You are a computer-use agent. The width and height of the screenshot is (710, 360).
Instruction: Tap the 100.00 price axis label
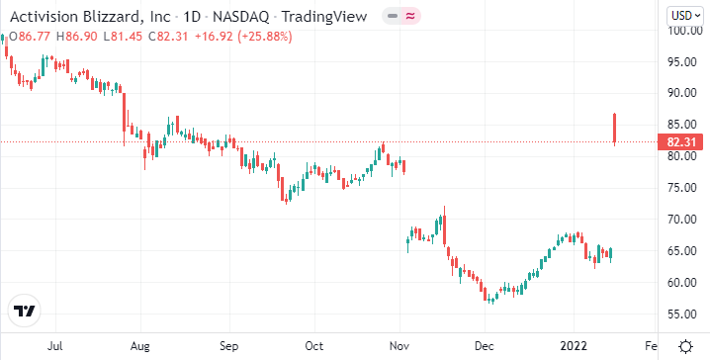682,30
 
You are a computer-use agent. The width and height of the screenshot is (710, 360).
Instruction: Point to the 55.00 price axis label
682,315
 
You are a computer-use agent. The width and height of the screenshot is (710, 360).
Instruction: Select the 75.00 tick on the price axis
682,188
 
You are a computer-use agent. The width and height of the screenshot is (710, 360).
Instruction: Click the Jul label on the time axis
55,347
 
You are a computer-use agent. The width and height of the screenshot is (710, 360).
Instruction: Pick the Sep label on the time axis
229,347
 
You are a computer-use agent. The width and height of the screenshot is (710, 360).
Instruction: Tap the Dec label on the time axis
484,347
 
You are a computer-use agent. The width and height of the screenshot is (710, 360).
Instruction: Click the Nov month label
399,347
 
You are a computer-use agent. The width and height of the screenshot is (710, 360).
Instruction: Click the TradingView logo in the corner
25,311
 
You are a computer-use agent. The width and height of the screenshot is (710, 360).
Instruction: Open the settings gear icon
685,346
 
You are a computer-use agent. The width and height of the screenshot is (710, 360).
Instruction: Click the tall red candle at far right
615,129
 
